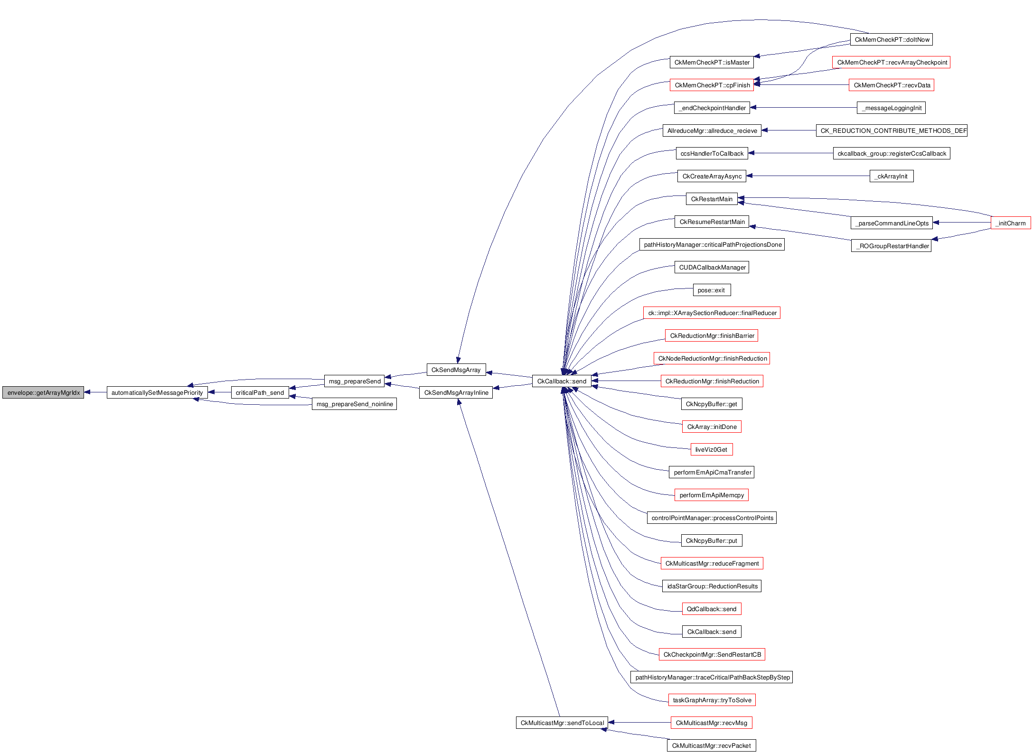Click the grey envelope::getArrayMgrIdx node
(43, 392)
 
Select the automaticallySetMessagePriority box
(157, 392)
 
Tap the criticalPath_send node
(260, 392)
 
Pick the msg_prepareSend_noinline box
(354, 404)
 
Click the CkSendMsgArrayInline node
(456, 392)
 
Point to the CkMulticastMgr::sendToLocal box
(562, 723)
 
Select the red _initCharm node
(1011, 223)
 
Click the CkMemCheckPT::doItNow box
(892, 39)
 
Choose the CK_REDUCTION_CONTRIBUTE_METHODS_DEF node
(891, 130)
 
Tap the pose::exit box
(712, 290)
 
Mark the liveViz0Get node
(712, 449)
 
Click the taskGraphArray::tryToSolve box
(712, 700)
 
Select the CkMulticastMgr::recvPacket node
(711, 745)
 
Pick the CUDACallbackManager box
(712, 267)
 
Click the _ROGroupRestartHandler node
(891, 246)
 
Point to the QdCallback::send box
(711, 609)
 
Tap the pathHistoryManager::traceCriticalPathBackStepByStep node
(712, 677)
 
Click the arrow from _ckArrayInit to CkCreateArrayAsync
(808, 176)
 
